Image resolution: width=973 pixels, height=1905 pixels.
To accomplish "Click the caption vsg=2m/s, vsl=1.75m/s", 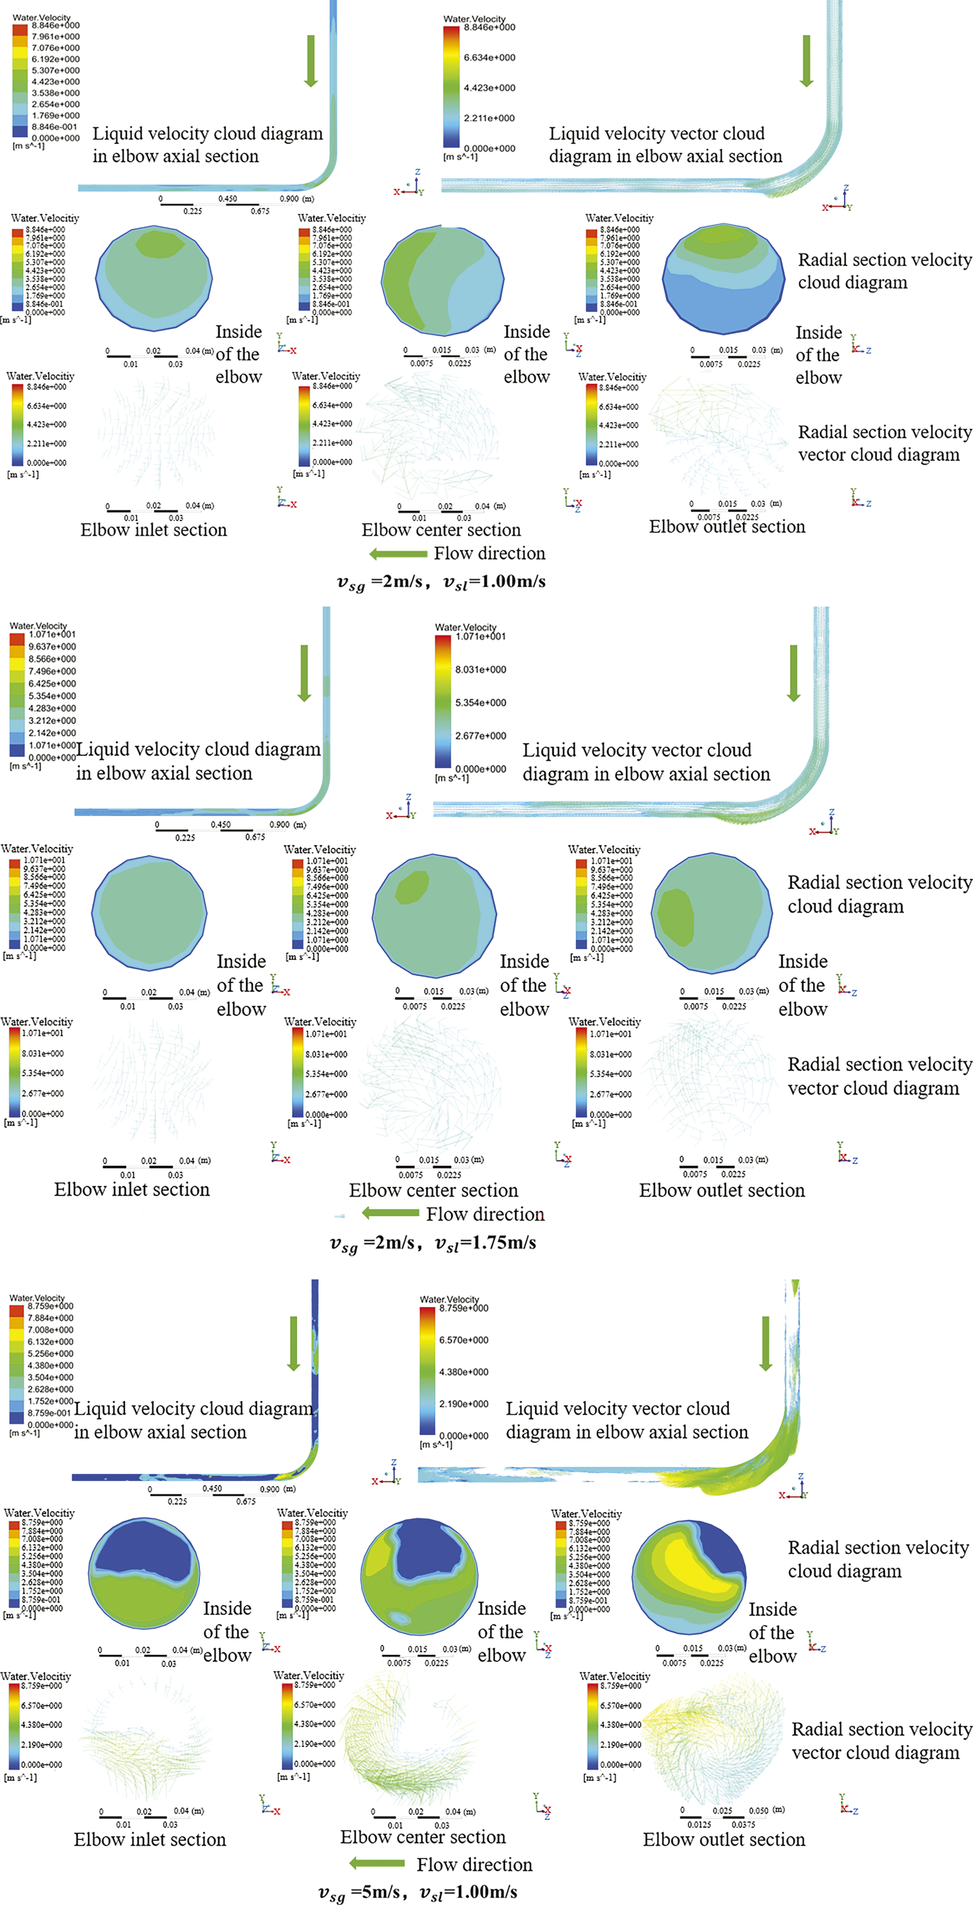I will coord(433,1243).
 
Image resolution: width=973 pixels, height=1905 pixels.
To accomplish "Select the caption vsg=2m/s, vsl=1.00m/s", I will coord(441,582).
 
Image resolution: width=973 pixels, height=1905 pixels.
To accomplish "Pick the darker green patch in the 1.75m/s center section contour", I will coord(412,887).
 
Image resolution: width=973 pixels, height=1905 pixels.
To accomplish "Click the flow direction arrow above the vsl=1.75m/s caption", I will coord(390,1213).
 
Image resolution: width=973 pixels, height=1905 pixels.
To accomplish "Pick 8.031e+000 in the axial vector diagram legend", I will coord(480,669).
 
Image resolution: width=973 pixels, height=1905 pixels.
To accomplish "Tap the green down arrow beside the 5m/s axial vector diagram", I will coord(766,1342).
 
